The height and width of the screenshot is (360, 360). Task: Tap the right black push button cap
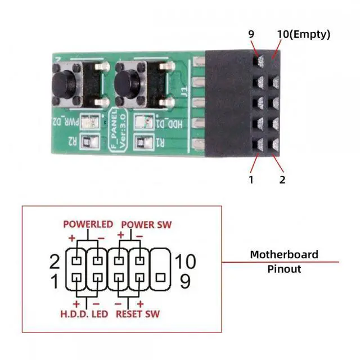point(124,84)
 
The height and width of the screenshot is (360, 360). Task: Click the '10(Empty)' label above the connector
point(303,34)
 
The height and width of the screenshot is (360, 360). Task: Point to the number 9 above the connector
point(251,34)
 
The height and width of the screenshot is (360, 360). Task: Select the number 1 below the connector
point(251,180)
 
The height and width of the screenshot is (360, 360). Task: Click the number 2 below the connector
point(282,180)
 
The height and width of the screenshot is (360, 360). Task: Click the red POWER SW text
point(146,224)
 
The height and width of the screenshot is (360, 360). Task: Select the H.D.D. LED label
point(84,313)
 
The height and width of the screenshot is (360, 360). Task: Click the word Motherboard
point(284,255)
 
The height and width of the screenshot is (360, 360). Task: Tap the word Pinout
point(284,269)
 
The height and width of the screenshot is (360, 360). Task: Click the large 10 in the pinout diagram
point(185,262)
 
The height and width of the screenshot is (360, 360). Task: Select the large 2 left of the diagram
point(55,262)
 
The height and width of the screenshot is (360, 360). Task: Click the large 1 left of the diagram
point(55,281)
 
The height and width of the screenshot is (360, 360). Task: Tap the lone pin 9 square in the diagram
point(160,278)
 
